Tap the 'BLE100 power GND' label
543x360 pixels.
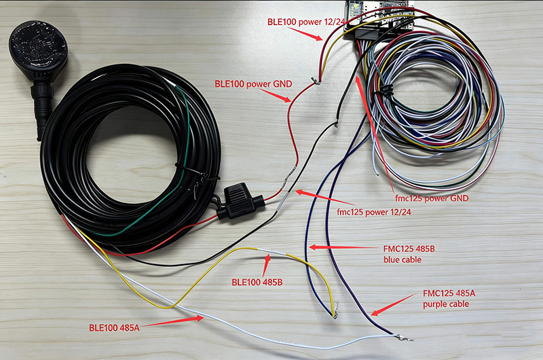[253, 84]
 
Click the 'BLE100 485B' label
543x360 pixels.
[257, 281]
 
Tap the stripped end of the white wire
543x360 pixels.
[405, 338]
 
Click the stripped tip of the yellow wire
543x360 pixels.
[334, 314]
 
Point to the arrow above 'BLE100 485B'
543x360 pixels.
[269, 259]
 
